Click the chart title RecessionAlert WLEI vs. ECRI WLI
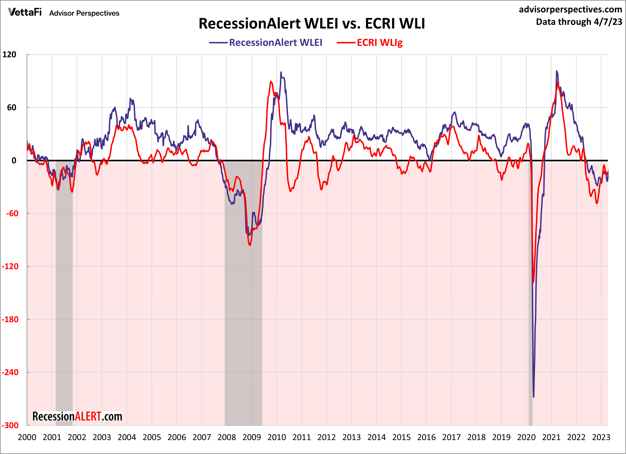click(x=312, y=23)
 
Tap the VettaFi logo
click(x=25, y=12)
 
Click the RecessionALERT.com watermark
click(x=77, y=416)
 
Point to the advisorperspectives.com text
click(x=570, y=9)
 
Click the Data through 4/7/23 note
click(x=579, y=22)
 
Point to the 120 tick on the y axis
click(x=9, y=54)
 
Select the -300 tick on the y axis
click(x=10, y=425)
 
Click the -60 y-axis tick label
click(x=12, y=213)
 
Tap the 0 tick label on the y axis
click(x=14, y=160)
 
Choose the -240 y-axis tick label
click(x=10, y=372)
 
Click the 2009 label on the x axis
click(x=251, y=437)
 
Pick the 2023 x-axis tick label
click(x=601, y=437)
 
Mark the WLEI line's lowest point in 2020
click(x=533, y=397)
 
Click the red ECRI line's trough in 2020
click(x=533, y=282)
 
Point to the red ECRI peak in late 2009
click(x=271, y=81)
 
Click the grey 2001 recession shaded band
click(x=64, y=304)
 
